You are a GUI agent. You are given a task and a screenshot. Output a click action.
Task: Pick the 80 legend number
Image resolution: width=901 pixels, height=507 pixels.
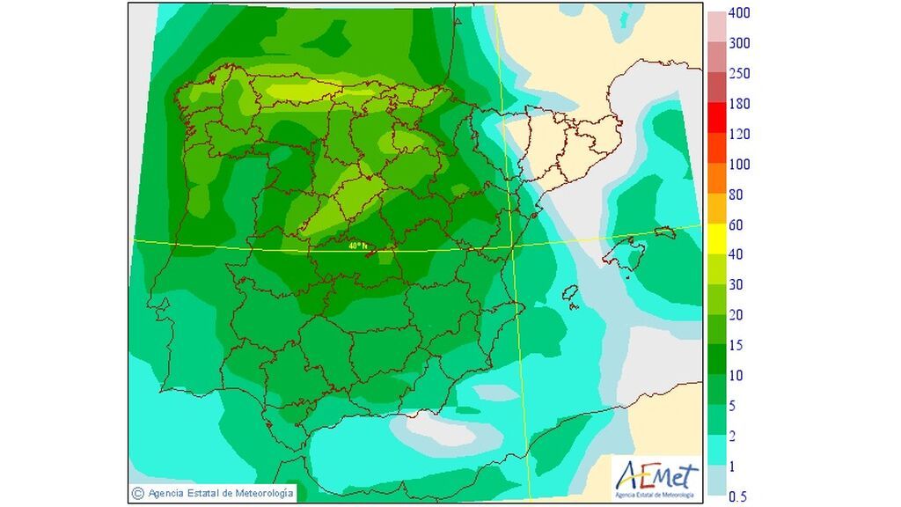[736, 195]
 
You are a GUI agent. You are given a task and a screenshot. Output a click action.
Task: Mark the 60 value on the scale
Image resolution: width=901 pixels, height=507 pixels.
[736, 225]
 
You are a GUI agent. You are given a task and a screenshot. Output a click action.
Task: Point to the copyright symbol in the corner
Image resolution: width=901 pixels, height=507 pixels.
[137, 493]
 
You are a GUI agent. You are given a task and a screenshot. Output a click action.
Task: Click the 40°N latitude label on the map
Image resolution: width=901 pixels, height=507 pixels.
[356, 247]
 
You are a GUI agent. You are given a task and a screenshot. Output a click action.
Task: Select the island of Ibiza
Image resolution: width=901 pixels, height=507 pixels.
[571, 294]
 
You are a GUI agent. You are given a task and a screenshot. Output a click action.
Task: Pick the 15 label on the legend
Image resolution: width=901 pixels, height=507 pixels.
[736, 346]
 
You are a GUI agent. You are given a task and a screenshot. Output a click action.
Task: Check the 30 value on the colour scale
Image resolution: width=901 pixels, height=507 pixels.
[736, 285]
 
